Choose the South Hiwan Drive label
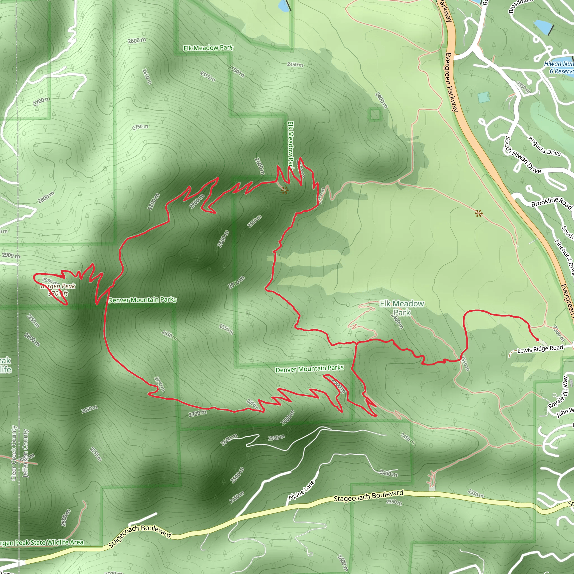coord(523,155)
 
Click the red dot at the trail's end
coord(537,340)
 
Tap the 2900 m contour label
coord(11,255)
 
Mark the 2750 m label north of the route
coord(140,127)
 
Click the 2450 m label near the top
coord(295,64)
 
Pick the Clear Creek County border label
coord(14,453)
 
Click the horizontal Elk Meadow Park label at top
coord(208,48)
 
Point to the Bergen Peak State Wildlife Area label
coord(41,543)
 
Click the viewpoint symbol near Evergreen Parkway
coord(478,213)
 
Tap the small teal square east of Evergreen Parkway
coord(484,97)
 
